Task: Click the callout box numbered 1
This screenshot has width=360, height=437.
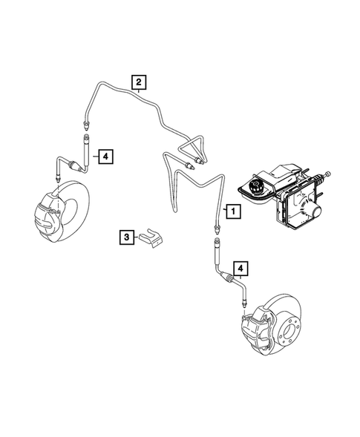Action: tap(233, 211)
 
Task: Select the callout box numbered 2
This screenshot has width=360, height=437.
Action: tap(138, 83)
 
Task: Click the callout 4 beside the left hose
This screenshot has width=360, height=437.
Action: tap(105, 156)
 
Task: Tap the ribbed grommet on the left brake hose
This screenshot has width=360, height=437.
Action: tap(74, 164)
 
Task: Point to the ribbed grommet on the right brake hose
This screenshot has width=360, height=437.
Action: tap(229, 280)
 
